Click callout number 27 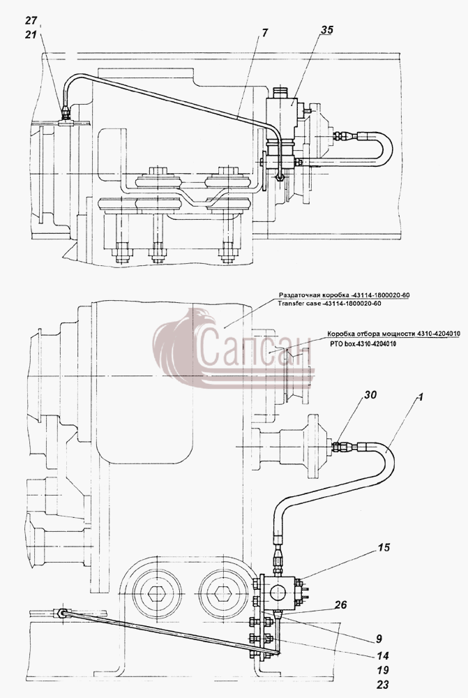[31, 20]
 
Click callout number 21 [31, 34]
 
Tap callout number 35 [326, 30]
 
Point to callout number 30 [370, 395]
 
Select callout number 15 [384, 547]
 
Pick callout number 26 [340, 605]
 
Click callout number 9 [379, 639]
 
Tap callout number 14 [383, 655]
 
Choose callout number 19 [383, 670]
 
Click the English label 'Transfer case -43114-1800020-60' [330, 304]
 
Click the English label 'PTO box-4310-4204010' [363, 343]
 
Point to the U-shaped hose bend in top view [385, 146]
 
